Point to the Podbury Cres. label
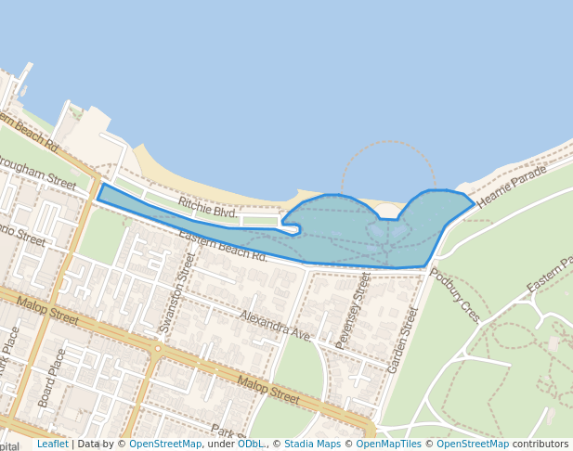[x=456, y=295]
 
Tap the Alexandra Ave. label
[x=275, y=326]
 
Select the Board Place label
[x=52, y=378]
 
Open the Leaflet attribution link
[x=52, y=444]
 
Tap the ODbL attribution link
[x=250, y=444]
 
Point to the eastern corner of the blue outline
[x=474, y=201]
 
